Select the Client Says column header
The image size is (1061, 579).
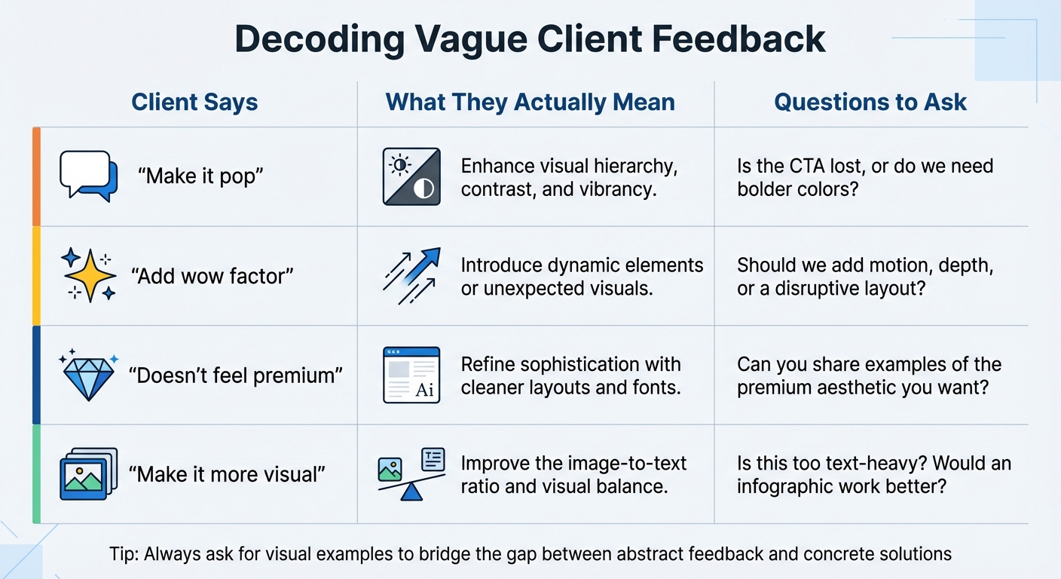(x=194, y=103)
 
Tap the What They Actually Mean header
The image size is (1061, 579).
(x=530, y=103)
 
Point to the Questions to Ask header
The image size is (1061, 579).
(x=870, y=103)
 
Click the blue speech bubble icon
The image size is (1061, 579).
(x=89, y=176)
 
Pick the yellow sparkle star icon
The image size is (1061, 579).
(x=89, y=275)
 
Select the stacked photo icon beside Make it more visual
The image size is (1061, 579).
(x=88, y=474)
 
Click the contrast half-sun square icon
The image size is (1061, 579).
(x=411, y=176)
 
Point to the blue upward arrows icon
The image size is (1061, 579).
(x=411, y=276)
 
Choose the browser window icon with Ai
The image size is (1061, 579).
(x=411, y=375)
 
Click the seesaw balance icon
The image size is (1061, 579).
(x=411, y=474)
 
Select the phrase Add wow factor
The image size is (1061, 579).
(x=212, y=276)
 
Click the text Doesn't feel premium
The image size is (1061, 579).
(x=235, y=375)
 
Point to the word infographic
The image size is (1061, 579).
(x=792, y=486)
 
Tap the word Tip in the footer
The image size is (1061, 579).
(x=123, y=554)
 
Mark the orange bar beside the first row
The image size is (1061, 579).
(x=36, y=176)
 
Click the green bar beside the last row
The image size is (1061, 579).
(x=36, y=474)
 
